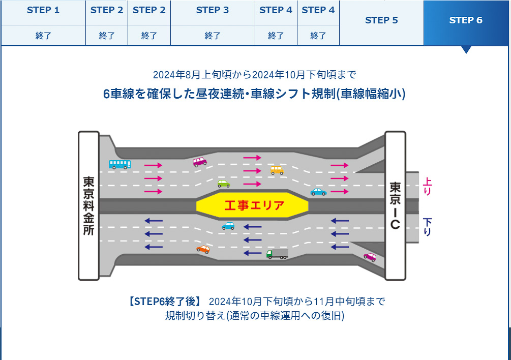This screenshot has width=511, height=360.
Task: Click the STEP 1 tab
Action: point(43,10)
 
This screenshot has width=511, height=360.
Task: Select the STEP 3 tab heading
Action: point(213,10)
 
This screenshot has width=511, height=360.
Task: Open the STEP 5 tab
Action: point(381,20)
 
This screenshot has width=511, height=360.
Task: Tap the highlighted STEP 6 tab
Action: point(466,20)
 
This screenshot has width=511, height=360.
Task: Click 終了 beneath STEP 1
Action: point(43,36)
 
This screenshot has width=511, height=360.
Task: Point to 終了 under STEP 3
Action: point(213,36)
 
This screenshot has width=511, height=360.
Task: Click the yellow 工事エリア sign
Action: point(252,205)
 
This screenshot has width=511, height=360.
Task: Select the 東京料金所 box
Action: point(88,205)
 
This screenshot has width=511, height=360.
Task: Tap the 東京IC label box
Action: point(395,205)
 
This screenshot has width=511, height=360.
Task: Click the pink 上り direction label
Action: point(427,186)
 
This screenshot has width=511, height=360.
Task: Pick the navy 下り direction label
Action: point(427,227)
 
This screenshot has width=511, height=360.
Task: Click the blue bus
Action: point(120,164)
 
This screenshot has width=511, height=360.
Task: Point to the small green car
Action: point(223,183)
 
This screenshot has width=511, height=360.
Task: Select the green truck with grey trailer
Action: point(277,254)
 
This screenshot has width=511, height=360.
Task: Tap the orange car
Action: point(203,249)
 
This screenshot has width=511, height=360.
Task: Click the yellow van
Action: point(277,170)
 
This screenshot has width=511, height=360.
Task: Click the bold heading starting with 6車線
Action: point(254,95)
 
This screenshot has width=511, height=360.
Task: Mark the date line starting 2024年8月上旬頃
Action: point(254,75)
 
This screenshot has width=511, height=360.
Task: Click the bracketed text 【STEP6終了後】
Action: point(166,301)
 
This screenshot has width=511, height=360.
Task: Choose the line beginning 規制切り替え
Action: point(254,315)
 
